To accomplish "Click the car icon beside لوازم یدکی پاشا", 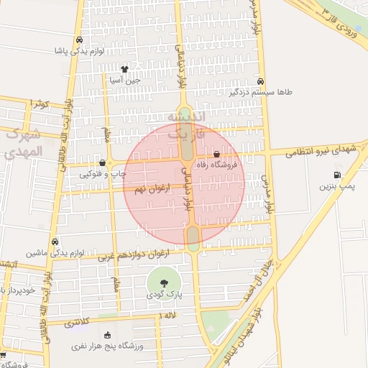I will tap(79, 40).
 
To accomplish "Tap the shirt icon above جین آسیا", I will tap(124, 70).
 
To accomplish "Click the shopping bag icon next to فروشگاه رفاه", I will tap(217, 154).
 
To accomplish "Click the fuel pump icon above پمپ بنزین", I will tap(337, 175).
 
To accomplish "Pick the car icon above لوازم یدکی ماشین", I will tap(55, 242).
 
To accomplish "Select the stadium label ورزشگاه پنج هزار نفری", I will tap(107, 346).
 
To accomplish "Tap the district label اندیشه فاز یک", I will tap(186, 124).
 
